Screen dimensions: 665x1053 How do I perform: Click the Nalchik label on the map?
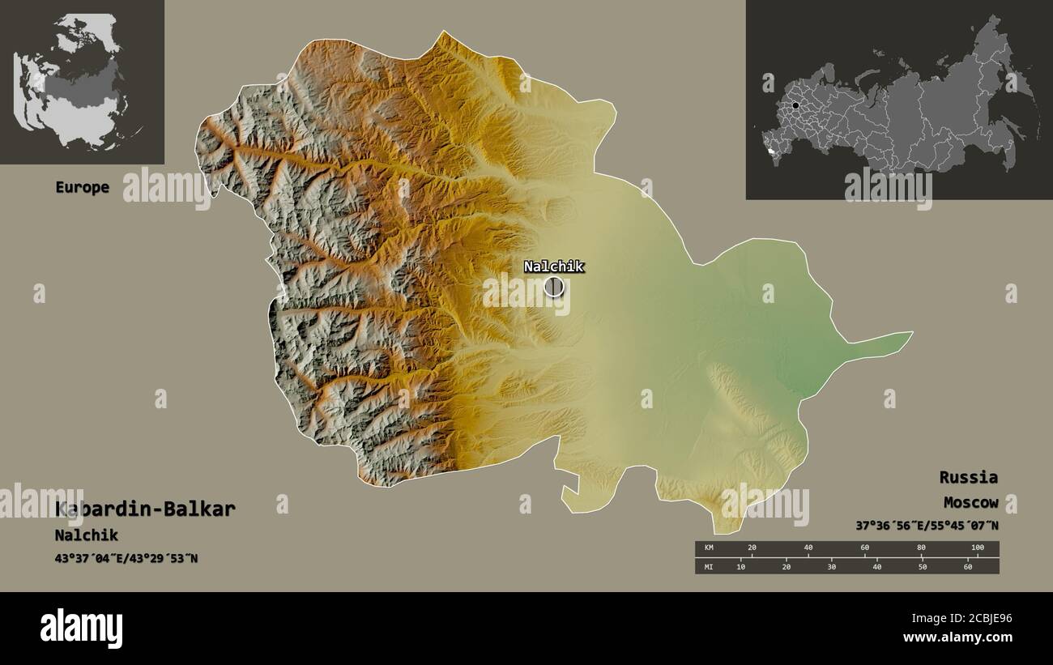tap(553, 266)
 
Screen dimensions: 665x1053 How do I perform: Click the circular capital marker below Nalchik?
tap(553, 286)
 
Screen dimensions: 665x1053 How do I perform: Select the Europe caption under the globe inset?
tap(82, 187)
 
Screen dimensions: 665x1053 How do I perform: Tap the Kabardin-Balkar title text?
tap(146, 509)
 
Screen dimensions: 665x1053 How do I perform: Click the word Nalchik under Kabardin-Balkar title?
tap(86, 535)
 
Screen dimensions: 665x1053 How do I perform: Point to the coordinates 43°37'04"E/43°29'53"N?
tap(126, 559)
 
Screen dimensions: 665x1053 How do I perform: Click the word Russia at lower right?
tap(968, 477)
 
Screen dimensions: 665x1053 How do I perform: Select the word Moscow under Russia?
tap(970, 503)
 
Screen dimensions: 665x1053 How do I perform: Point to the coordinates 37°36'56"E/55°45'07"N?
tap(927, 526)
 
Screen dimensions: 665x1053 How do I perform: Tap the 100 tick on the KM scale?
tap(977, 548)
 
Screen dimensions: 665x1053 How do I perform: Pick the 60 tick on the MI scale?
tap(968, 566)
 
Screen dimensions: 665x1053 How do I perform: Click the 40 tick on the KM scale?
tap(808, 548)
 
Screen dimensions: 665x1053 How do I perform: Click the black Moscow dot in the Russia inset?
tap(796, 105)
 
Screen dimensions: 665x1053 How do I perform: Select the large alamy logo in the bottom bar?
tap(81, 629)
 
